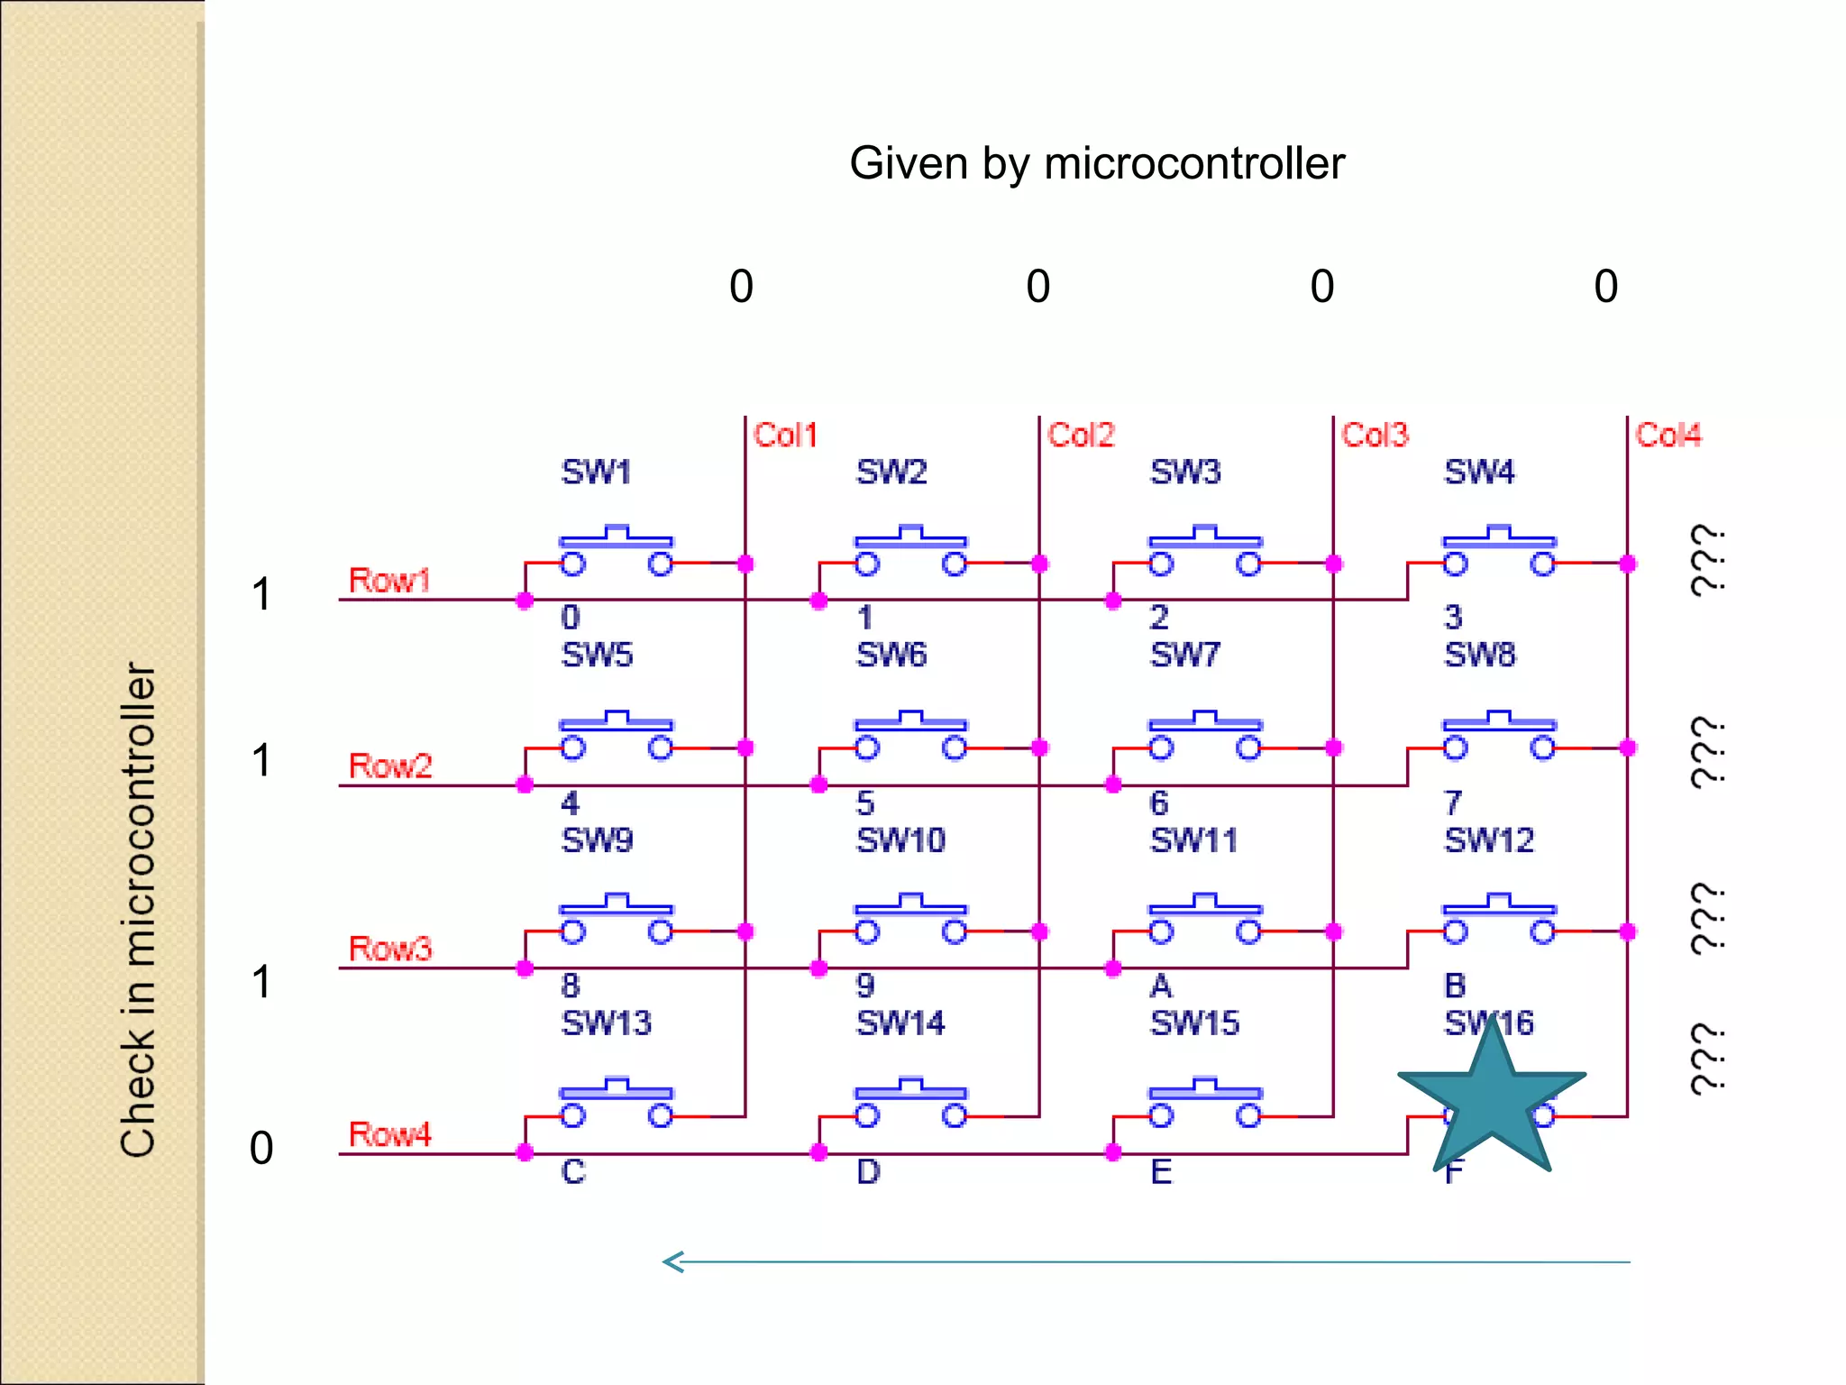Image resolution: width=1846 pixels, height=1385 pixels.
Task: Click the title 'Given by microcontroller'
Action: coord(1096,164)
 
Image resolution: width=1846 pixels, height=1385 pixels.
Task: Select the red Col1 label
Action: coord(785,436)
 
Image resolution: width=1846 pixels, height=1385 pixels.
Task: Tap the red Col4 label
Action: coord(1668,436)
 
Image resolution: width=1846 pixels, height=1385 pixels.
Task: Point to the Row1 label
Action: coord(389,580)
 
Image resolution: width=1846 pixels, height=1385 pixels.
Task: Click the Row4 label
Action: coord(389,1133)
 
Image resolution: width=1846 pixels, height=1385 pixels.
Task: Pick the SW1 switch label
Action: coord(596,472)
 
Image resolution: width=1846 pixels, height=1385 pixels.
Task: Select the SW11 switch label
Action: coord(1193,840)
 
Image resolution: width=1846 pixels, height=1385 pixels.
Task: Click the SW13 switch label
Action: coord(606,1023)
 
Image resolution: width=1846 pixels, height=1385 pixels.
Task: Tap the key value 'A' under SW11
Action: coord(1161,986)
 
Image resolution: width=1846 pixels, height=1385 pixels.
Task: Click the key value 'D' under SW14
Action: coord(867,1171)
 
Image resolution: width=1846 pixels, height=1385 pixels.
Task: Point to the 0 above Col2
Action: coord(1037,287)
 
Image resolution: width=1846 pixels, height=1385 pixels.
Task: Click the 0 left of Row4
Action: coord(261,1149)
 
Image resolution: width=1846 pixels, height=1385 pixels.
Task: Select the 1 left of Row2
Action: coord(261,761)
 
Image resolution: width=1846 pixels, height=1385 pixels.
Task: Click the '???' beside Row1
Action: coord(1706,560)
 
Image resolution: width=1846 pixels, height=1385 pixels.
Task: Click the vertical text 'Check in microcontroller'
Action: coord(138,911)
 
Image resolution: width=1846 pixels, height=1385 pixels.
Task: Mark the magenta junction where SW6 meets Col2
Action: coord(1039,748)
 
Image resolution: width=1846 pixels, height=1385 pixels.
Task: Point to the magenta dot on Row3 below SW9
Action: coord(525,968)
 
